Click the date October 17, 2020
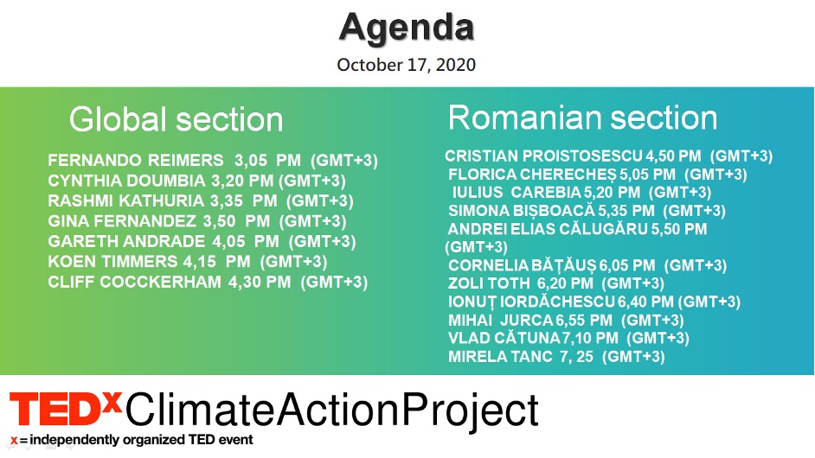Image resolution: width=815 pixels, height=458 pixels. (x=407, y=65)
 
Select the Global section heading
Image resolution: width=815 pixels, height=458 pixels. (x=176, y=119)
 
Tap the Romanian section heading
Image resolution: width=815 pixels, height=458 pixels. (x=582, y=118)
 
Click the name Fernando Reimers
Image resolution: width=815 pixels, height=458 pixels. (x=136, y=160)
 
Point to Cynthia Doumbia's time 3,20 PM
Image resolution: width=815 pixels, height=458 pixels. (x=242, y=181)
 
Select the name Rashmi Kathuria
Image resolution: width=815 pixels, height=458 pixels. (x=125, y=201)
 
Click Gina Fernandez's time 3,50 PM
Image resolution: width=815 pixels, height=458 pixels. (x=236, y=221)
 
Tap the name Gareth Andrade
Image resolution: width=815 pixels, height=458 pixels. (x=126, y=241)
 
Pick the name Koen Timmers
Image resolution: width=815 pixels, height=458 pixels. (x=112, y=262)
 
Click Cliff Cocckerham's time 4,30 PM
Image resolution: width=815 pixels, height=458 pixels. (x=260, y=282)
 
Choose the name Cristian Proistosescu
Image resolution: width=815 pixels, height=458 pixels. (x=543, y=156)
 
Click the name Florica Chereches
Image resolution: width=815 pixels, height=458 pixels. (x=532, y=175)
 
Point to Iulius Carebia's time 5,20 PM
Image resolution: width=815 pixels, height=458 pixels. (x=612, y=192)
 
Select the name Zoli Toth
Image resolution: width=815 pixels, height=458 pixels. (x=489, y=283)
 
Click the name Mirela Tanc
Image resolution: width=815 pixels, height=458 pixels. (x=500, y=356)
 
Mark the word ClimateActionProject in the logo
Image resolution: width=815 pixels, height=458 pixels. (x=331, y=411)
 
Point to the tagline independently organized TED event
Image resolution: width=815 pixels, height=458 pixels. (x=141, y=440)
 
